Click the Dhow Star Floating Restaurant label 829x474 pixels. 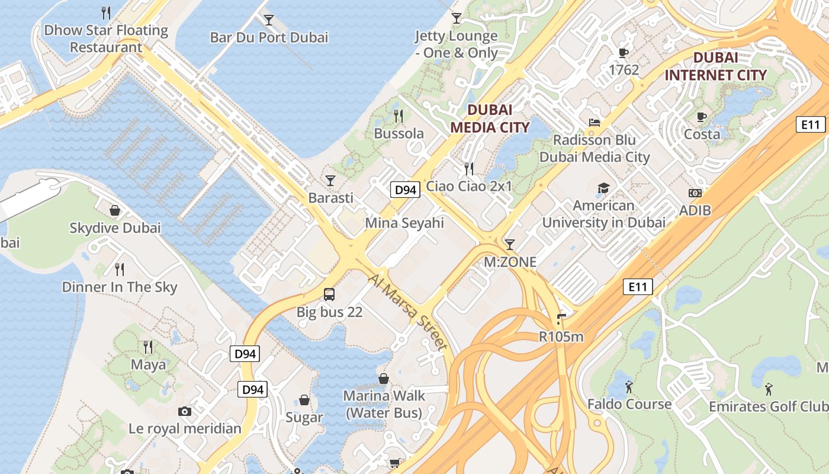107,39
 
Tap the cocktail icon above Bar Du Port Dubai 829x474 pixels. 269,20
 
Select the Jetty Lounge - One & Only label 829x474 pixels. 456,44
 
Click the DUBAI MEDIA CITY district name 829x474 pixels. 490,118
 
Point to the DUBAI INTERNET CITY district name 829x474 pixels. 715,66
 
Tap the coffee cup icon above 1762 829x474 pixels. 624,53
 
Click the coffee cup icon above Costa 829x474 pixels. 702,117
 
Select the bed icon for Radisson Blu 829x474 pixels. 595,123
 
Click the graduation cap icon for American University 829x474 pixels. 603,188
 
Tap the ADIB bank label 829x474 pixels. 695,210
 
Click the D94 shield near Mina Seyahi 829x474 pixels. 406,190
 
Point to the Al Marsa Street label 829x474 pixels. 407,312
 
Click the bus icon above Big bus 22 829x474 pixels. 329,294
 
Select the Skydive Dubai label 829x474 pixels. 115,228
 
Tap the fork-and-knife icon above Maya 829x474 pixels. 148,347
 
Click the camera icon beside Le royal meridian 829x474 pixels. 185,411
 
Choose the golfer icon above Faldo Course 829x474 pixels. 629,387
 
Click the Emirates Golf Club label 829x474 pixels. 768,406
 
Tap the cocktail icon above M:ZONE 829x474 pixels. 509,244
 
